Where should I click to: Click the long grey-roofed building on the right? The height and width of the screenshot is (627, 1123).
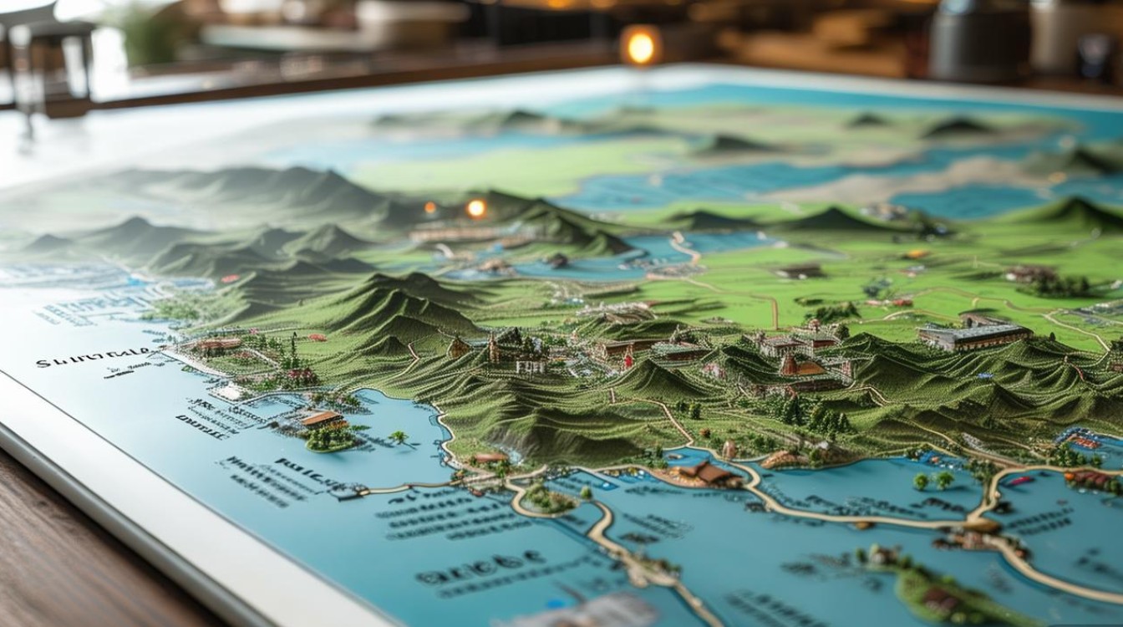[x=973, y=335]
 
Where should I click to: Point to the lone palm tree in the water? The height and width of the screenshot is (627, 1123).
[x=399, y=437]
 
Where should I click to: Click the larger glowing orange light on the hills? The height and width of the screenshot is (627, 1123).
[x=476, y=208]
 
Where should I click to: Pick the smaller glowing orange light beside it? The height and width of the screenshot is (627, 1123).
[x=430, y=207]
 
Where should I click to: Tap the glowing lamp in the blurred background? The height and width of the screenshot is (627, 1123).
[x=641, y=47]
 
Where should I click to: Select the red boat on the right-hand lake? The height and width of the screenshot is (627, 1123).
[x=1020, y=481]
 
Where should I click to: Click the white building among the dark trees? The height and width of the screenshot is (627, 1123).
[x=530, y=364]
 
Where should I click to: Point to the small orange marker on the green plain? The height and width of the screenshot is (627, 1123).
[x=916, y=254]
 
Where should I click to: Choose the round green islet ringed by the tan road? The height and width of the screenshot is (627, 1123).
[x=548, y=499]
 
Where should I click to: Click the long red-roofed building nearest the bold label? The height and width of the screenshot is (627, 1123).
[x=216, y=344]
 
